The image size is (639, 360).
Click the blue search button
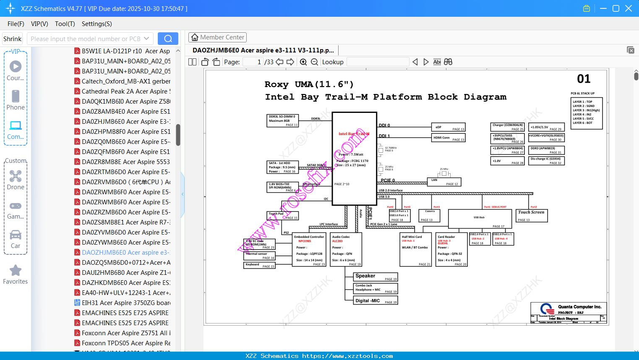[168, 39]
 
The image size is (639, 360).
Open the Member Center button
[217, 37]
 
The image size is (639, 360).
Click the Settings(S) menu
[97, 24]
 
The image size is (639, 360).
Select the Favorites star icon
[16, 271]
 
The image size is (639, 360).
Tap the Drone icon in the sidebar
[16, 176]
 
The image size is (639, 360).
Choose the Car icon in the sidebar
[16, 235]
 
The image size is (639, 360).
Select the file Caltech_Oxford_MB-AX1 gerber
[126, 81]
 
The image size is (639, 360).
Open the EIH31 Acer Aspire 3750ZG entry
[126, 303]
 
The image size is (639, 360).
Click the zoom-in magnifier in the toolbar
[303, 62]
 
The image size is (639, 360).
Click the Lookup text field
[378, 62]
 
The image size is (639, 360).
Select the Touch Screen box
[531, 215]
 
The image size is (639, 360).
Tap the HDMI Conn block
[448, 138]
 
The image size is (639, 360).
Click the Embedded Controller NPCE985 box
[309, 250]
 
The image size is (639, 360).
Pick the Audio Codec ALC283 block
[346, 250]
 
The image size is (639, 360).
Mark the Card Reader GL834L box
[451, 250]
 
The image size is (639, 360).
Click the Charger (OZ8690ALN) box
[507, 127]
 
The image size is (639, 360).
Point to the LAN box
[444, 182]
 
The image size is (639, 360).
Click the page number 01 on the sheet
[584, 79]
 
